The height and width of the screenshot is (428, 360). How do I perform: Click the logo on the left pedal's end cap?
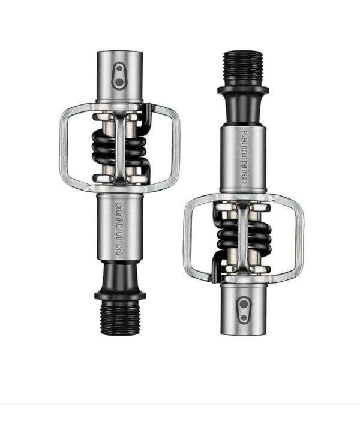pos(119,74)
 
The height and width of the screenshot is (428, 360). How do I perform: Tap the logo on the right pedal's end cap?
pos(243,305)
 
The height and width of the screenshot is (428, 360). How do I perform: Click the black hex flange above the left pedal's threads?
pos(119,294)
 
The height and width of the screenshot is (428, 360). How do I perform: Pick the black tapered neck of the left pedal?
pos(119,275)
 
